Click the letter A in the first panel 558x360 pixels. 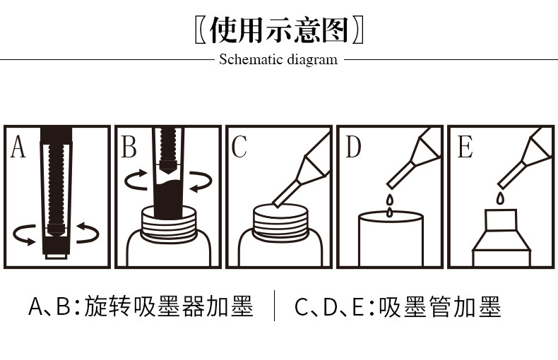coord(18,148)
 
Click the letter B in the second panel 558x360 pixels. coord(129,148)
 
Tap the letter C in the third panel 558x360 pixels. coord(239,148)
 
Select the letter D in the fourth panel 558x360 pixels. coord(352,148)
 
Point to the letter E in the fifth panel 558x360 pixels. coord(464,148)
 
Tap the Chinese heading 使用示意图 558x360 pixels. coord(280,30)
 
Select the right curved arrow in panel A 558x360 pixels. coord(88,233)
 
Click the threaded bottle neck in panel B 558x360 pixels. coord(168,222)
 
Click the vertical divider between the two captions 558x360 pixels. coord(274,307)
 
